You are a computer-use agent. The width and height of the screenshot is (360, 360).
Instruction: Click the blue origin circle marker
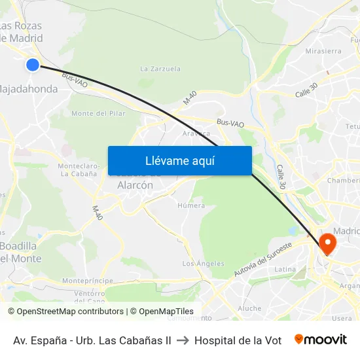[32, 64]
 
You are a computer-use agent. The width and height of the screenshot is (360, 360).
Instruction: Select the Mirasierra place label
[323, 51]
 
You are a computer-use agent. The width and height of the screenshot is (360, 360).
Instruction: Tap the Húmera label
[191, 206]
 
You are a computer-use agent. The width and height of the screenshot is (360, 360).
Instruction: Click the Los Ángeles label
[203, 264]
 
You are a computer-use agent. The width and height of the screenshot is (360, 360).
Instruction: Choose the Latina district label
[285, 269]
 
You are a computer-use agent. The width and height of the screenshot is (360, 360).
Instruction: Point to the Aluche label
[249, 308]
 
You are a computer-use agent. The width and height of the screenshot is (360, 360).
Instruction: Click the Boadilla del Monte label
[21, 252]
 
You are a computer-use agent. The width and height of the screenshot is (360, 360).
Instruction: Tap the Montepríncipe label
[83, 280]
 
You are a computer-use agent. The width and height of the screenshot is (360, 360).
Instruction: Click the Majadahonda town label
[29, 88]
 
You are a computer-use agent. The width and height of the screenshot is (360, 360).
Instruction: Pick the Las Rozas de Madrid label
[21, 32]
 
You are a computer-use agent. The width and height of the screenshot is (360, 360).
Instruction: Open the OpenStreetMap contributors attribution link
[70, 312]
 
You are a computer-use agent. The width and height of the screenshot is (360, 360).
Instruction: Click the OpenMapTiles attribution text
[164, 312]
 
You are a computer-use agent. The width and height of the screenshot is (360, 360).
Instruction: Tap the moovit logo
[321, 340]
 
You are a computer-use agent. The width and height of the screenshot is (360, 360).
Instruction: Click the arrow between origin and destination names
[183, 340]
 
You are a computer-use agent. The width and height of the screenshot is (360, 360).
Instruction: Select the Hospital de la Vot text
[238, 340]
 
